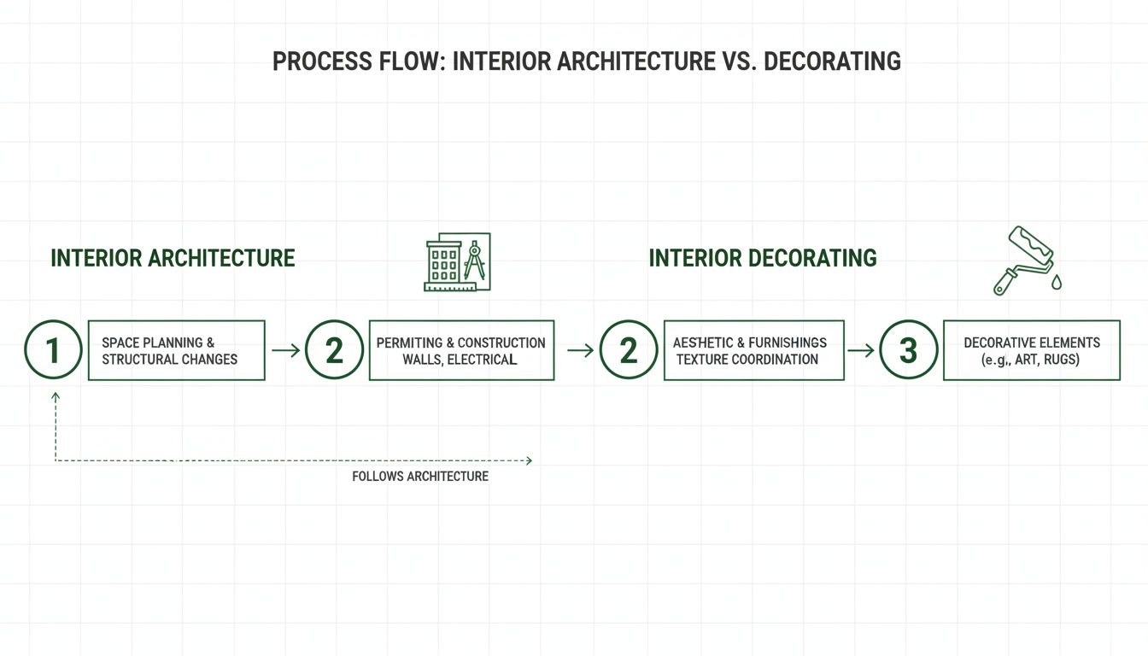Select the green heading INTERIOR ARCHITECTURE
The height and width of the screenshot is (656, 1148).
click(173, 258)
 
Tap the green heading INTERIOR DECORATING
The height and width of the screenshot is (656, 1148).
click(763, 258)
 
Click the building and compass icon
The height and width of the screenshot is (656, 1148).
click(457, 261)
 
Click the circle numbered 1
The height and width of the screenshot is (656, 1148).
click(53, 350)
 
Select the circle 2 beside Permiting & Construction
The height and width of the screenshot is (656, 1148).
click(334, 350)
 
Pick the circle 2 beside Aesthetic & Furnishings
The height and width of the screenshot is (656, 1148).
click(629, 350)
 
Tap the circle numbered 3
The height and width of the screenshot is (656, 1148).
click(908, 350)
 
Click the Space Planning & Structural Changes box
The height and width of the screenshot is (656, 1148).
click(177, 350)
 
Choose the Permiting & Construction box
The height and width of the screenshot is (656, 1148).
click(461, 350)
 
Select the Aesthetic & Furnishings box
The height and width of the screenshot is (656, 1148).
click(753, 350)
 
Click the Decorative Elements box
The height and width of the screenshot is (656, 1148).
click(1031, 350)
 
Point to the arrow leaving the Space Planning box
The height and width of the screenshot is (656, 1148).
click(285, 350)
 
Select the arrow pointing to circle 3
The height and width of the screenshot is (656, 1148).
click(861, 350)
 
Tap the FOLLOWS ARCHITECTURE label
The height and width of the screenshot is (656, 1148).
click(420, 477)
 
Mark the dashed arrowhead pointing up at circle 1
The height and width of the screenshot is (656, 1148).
click(56, 397)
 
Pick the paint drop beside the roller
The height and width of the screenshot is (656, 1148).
click(1057, 282)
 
